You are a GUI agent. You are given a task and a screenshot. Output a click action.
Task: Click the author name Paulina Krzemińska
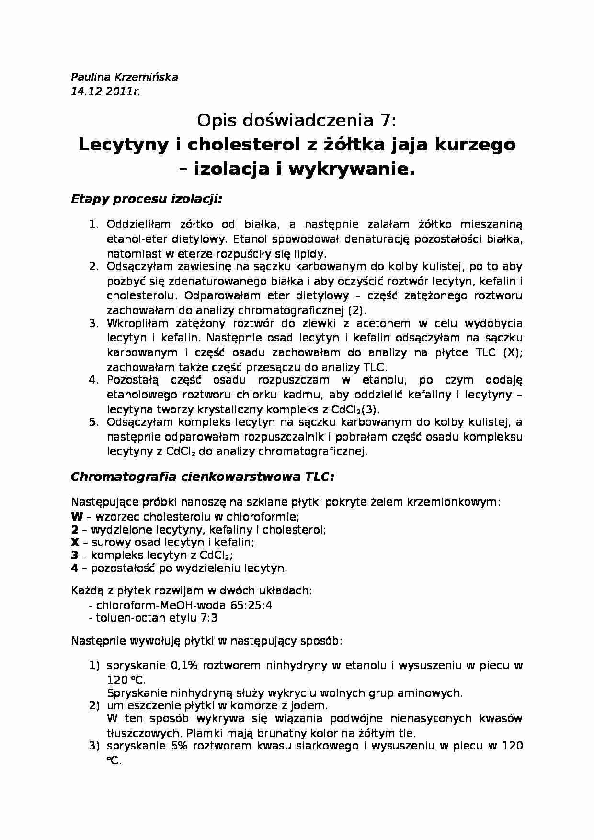(x=124, y=77)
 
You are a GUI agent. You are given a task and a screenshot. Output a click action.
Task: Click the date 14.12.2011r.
(x=105, y=92)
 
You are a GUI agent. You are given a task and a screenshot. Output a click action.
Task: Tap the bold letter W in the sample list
(x=77, y=517)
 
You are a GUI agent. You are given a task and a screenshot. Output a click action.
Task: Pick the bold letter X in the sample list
(x=75, y=543)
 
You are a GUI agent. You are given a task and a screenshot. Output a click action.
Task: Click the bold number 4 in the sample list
(x=74, y=568)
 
